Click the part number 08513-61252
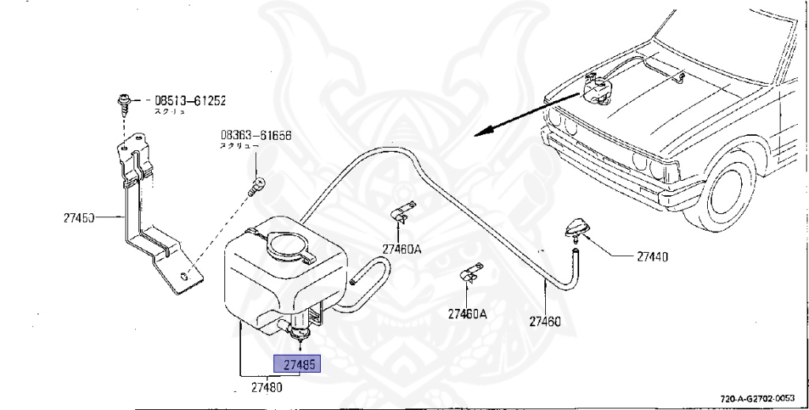(190, 101)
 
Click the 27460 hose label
(545, 322)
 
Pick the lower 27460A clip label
(468, 314)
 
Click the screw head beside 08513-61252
(125, 100)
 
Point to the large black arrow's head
(480, 133)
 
